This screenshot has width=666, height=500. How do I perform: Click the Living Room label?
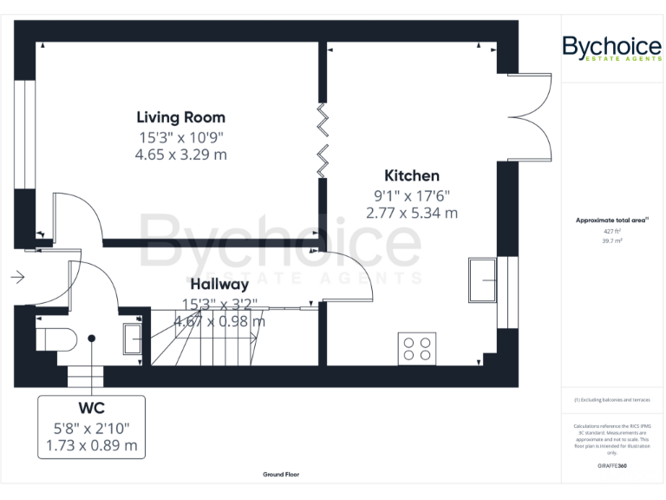(180, 117)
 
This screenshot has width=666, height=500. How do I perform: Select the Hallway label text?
(219, 284)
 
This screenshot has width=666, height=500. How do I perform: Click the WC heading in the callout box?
(91, 408)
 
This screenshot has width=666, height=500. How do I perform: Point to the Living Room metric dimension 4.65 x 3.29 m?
(180, 155)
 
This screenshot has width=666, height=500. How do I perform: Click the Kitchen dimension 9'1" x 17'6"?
(412, 195)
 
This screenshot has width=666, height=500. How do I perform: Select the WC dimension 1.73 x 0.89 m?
(91, 445)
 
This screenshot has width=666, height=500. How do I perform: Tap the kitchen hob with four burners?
(416, 348)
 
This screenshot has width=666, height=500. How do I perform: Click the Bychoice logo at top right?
(612, 49)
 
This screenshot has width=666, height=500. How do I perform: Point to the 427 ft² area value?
(612, 232)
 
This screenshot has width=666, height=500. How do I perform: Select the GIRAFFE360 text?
(612, 467)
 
